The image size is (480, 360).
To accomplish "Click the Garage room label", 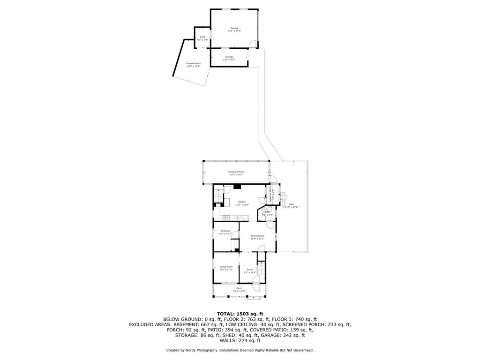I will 233,30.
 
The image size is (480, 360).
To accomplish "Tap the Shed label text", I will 202,38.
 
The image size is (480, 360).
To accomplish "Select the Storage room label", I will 229,58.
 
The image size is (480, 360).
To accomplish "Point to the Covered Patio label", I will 193,65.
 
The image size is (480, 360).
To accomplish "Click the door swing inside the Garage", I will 253,45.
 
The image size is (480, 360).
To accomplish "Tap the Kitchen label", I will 242,203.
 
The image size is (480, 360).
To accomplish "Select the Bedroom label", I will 225,232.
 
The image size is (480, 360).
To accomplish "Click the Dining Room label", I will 257,237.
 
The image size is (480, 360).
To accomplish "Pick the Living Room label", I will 226,268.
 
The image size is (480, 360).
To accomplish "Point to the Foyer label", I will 250,271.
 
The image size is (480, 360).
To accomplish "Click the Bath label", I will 267,213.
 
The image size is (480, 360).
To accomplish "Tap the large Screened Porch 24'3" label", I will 236,173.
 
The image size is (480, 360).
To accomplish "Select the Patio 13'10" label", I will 291,205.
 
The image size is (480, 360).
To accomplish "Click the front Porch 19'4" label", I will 239,289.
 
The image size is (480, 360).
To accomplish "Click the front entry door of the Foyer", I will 256,280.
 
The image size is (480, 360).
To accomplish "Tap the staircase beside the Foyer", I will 262,269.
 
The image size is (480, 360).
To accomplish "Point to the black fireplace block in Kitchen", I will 238,186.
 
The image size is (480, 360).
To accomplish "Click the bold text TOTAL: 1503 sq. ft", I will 240,314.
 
